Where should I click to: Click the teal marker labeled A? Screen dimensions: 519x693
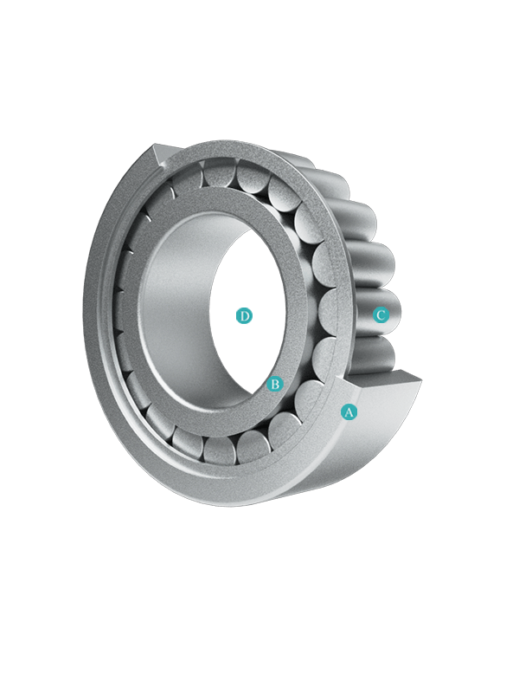(349, 412)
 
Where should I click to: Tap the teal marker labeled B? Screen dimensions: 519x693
(275, 384)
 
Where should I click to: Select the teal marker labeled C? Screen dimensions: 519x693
(381, 315)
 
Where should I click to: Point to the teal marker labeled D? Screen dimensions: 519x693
(244, 315)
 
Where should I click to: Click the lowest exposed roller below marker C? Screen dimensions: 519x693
(372, 356)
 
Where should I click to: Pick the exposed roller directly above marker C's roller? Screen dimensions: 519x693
(373, 265)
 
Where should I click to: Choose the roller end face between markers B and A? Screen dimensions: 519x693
(311, 398)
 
